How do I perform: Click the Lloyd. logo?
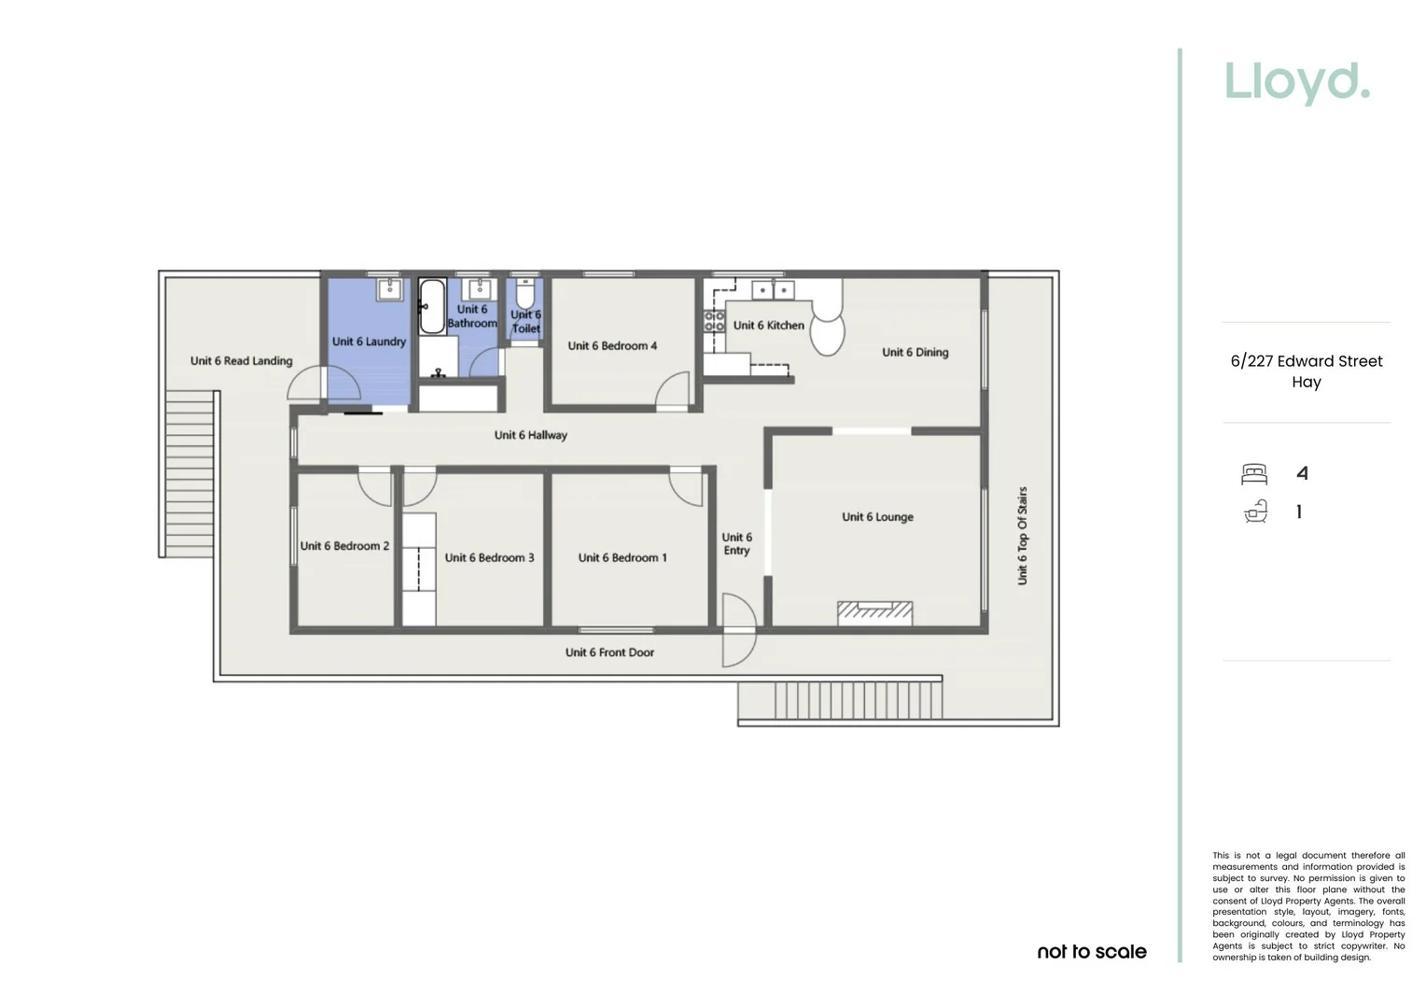click(x=1296, y=82)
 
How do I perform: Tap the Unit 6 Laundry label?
click(x=369, y=342)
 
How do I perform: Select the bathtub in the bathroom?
click(x=431, y=306)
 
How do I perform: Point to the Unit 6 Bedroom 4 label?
click(x=612, y=346)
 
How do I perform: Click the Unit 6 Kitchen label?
click(x=768, y=326)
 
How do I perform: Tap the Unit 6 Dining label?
click(x=915, y=353)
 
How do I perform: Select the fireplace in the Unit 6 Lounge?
click(x=874, y=612)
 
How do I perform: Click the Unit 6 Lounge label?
click(x=877, y=517)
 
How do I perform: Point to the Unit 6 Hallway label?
click(x=530, y=435)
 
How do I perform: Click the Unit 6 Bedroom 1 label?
click(x=622, y=558)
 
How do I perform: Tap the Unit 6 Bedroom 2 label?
click(x=344, y=546)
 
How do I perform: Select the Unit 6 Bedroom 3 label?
click(x=489, y=558)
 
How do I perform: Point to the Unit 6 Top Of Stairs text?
click(x=1022, y=536)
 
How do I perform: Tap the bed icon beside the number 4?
click(x=1254, y=474)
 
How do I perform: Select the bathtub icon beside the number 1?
click(x=1255, y=511)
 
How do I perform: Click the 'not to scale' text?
click(x=1092, y=952)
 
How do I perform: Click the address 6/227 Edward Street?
click(x=1306, y=361)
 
